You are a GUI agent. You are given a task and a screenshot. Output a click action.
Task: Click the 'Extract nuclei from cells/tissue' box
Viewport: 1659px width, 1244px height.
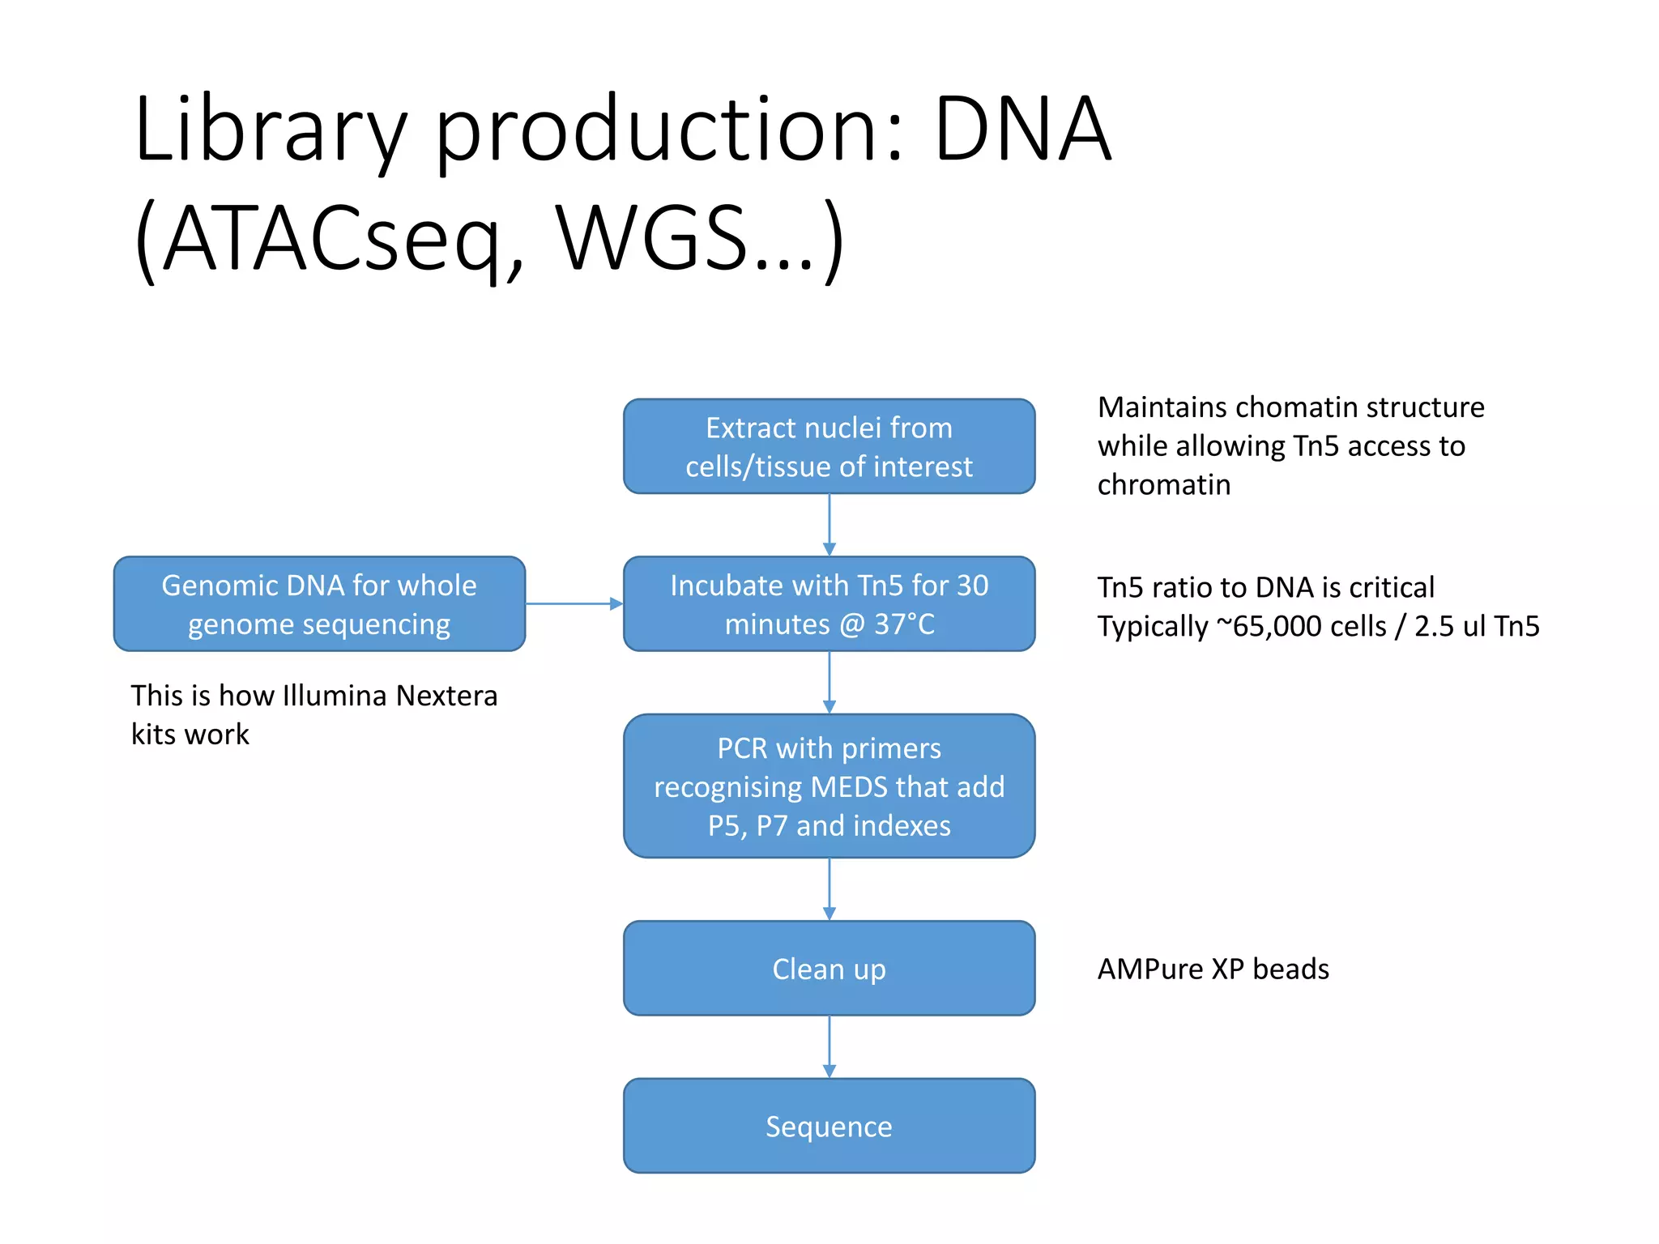pos(829,446)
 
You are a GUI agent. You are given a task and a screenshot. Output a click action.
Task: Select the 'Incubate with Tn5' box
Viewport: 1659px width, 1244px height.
pos(829,604)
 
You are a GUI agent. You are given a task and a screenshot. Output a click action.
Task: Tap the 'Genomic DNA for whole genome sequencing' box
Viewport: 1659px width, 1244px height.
pos(319,604)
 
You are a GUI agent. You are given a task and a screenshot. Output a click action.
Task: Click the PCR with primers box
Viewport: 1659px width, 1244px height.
pos(829,786)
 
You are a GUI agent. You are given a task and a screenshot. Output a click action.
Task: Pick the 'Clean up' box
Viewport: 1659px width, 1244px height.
pos(829,969)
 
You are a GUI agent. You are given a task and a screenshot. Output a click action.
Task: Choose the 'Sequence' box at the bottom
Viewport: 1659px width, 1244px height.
pos(829,1126)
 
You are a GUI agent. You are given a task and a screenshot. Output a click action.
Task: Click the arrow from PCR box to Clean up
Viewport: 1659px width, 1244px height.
pos(829,888)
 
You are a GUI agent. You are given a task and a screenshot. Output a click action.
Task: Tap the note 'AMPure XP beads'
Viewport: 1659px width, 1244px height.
pos(1213,969)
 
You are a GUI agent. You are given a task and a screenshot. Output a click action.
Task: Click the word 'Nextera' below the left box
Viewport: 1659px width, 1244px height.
pos(446,696)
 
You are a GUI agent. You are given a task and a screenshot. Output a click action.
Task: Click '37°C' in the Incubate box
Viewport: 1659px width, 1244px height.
pos(904,624)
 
